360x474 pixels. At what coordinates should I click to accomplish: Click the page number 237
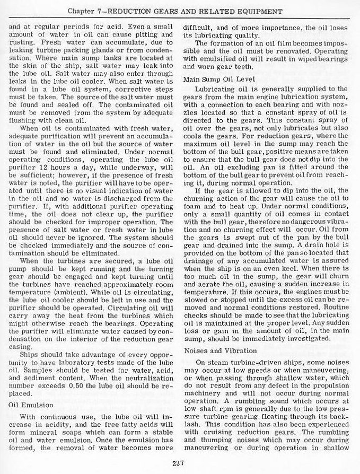178,464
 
